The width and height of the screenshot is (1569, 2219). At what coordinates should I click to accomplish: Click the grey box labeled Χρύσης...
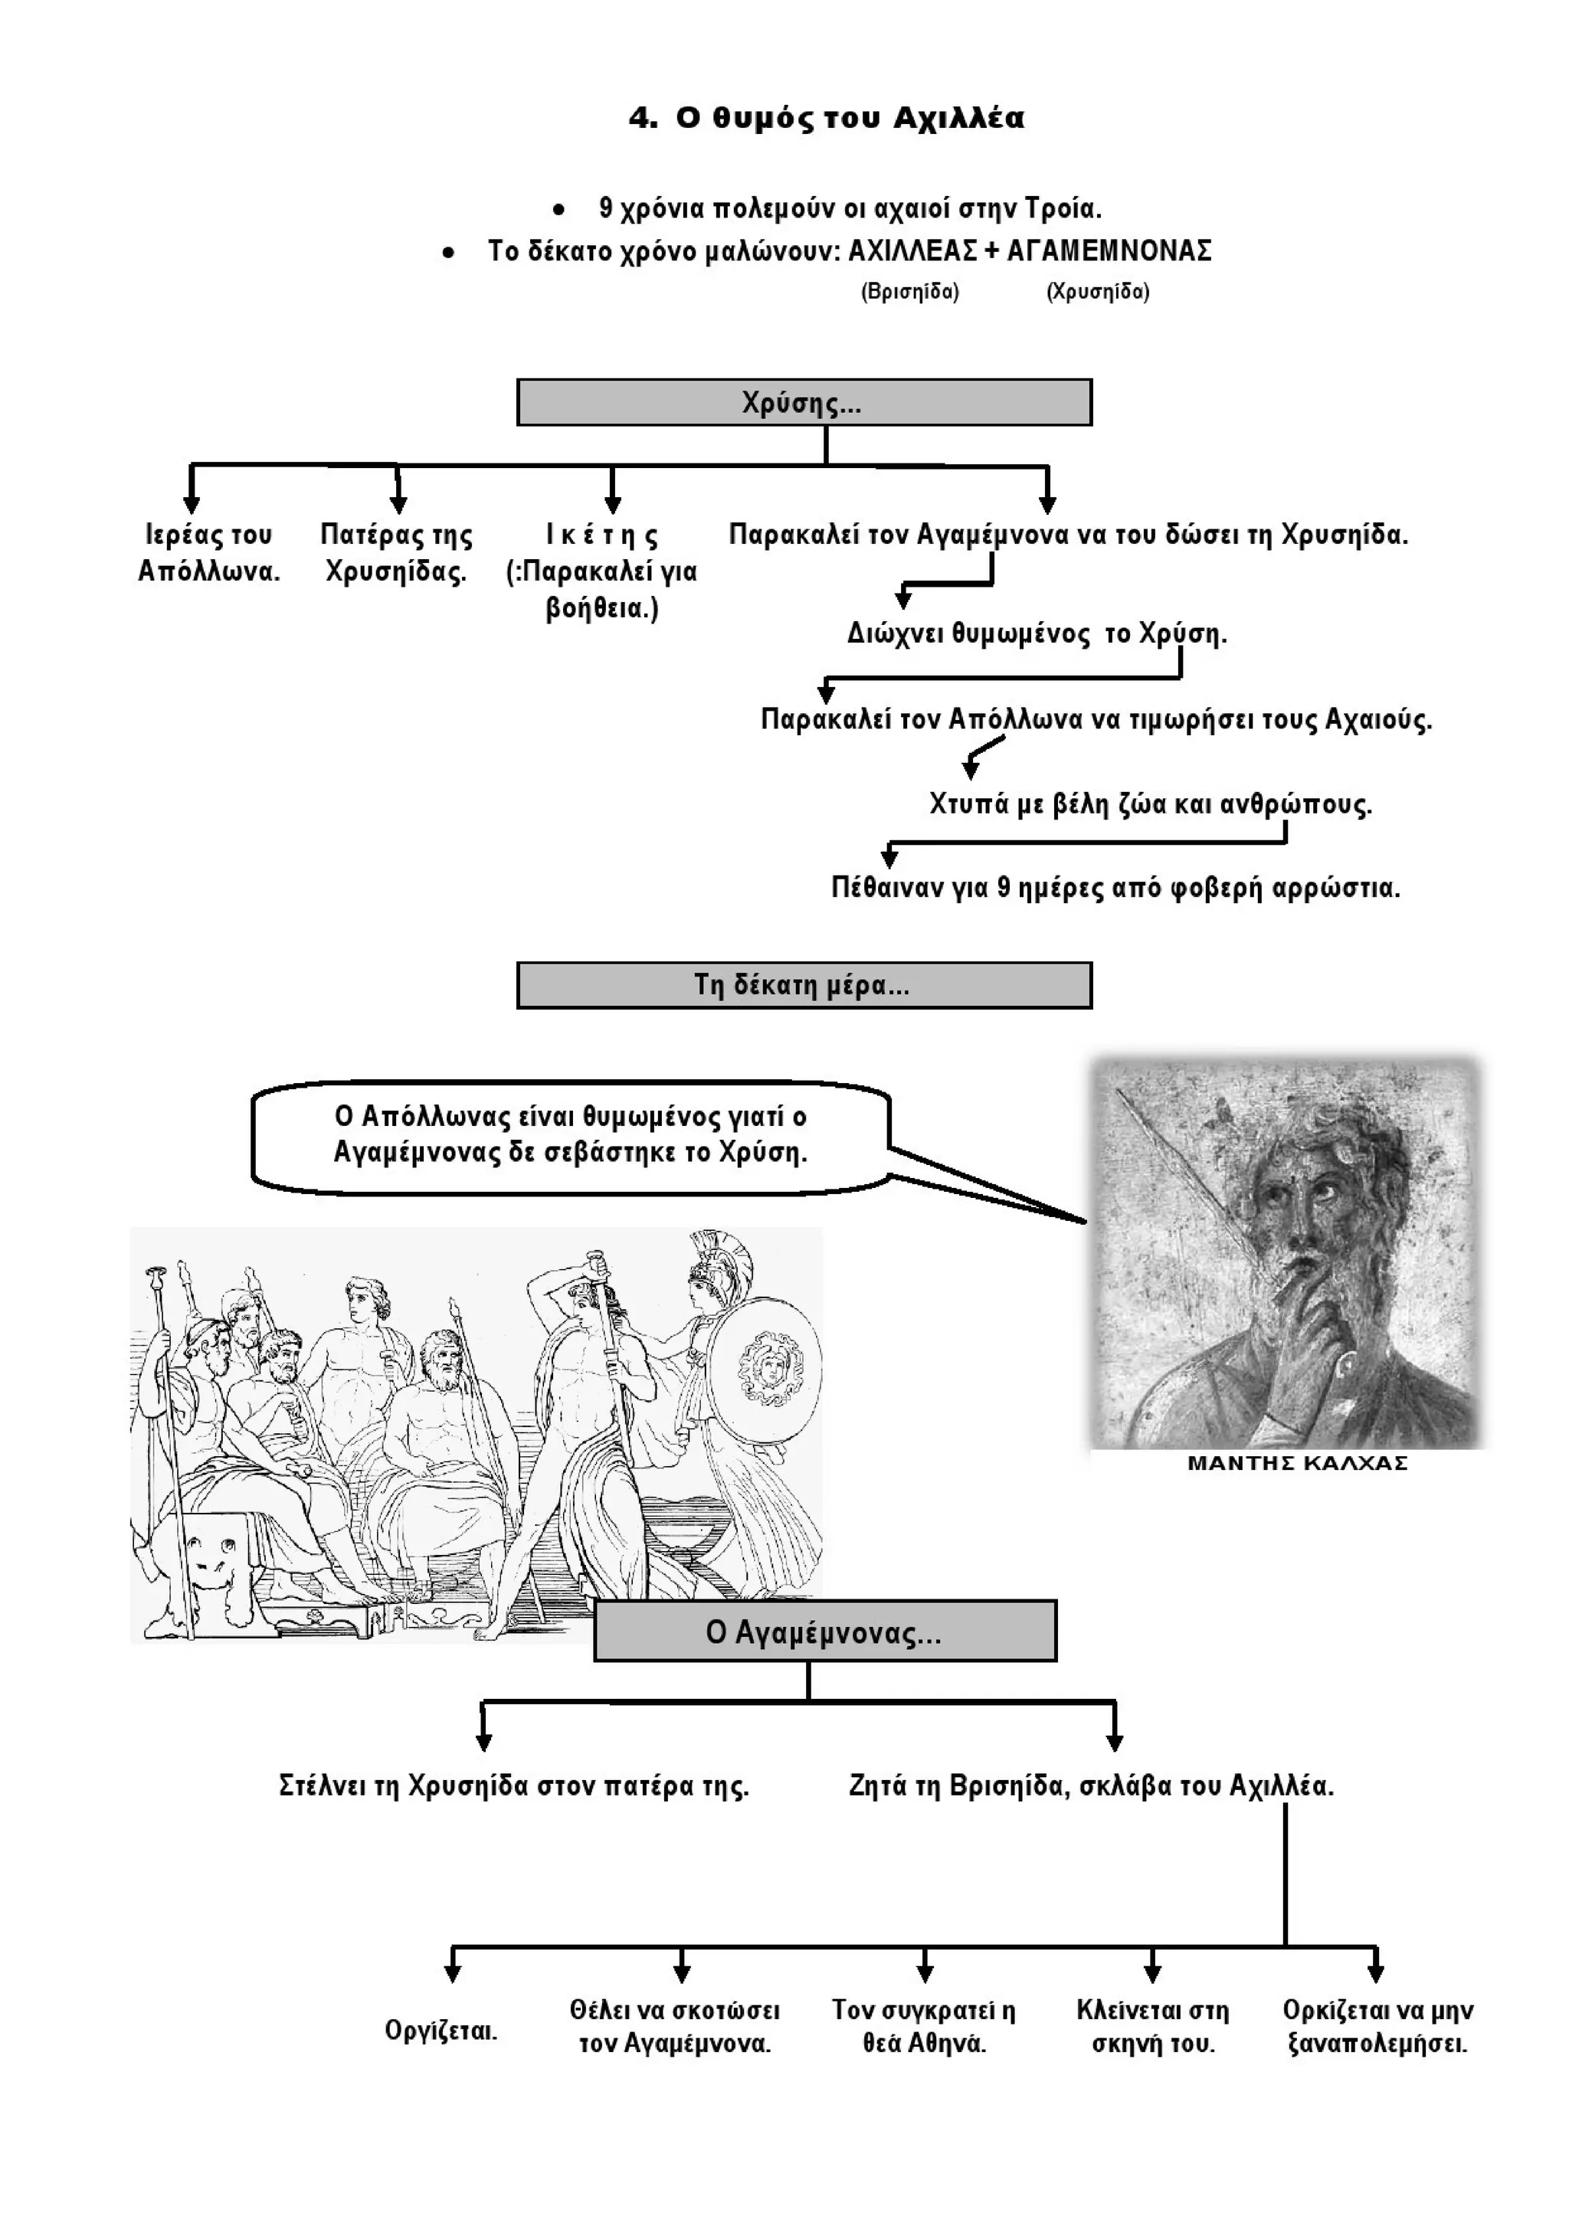coord(804,402)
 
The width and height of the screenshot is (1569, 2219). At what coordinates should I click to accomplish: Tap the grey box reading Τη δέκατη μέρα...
coord(804,985)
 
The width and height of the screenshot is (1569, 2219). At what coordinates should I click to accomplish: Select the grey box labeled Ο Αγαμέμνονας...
coord(824,1632)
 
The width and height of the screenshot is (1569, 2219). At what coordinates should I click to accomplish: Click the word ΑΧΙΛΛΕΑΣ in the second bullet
coord(912,251)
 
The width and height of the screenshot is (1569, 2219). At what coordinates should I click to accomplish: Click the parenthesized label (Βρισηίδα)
coord(909,292)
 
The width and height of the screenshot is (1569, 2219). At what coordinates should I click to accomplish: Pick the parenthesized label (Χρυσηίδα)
coord(1097,292)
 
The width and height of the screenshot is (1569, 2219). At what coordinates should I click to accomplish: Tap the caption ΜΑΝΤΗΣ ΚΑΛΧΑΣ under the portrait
coord(1297,1463)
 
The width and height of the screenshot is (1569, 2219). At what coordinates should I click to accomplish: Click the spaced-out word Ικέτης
coord(601,535)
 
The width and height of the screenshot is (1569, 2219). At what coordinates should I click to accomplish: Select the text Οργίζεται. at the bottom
coord(441,2030)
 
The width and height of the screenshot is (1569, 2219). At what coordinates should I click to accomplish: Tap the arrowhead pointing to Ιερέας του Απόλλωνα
coord(192,503)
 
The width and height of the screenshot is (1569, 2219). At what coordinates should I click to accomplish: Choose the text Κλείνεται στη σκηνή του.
coord(1152,2028)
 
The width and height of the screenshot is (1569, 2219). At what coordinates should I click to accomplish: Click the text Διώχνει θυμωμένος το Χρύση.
coord(1037,634)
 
